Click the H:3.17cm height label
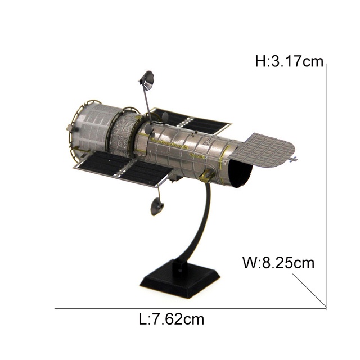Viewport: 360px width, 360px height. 289,61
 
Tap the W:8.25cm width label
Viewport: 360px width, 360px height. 278,263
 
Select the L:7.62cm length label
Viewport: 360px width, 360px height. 171,319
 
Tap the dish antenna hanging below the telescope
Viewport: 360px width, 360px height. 157,206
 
